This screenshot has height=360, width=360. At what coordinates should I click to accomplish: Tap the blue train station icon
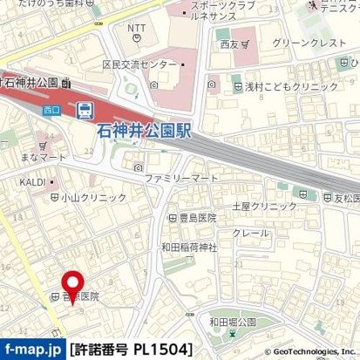(85, 110)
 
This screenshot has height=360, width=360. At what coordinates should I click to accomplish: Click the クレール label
(249, 234)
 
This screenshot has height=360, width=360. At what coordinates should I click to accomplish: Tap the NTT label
(137, 30)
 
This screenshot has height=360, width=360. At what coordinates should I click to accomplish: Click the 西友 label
(229, 43)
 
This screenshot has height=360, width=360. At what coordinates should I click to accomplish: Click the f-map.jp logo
(32, 350)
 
